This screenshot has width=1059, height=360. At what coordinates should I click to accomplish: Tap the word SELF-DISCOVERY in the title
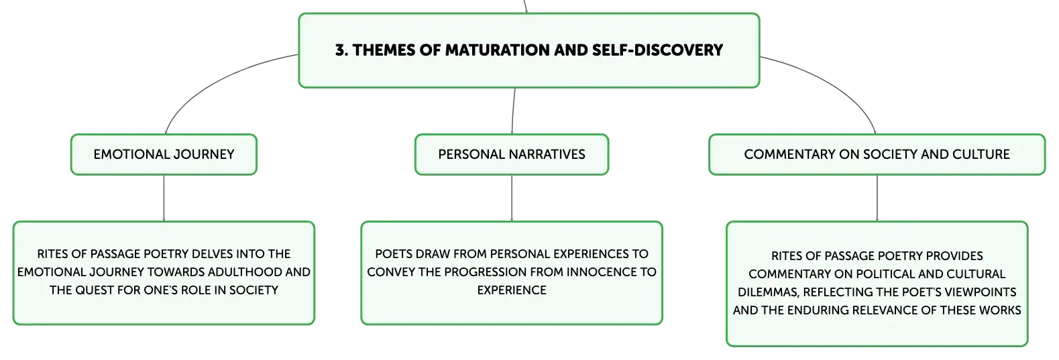pos(658,50)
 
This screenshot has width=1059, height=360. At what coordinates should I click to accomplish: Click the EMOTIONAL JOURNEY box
pos(164,154)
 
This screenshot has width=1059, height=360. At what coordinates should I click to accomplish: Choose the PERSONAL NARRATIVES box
pos(512,154)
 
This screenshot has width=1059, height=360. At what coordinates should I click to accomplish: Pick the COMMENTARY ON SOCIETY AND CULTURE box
pos(877,154)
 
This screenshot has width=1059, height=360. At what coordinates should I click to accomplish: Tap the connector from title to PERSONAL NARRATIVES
pos(513,111)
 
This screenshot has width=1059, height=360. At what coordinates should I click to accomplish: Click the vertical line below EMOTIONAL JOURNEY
pos(164,198)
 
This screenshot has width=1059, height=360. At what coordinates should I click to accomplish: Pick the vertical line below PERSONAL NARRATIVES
pos(512,198)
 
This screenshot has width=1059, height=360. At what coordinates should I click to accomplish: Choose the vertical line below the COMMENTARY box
pos(877,198)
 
